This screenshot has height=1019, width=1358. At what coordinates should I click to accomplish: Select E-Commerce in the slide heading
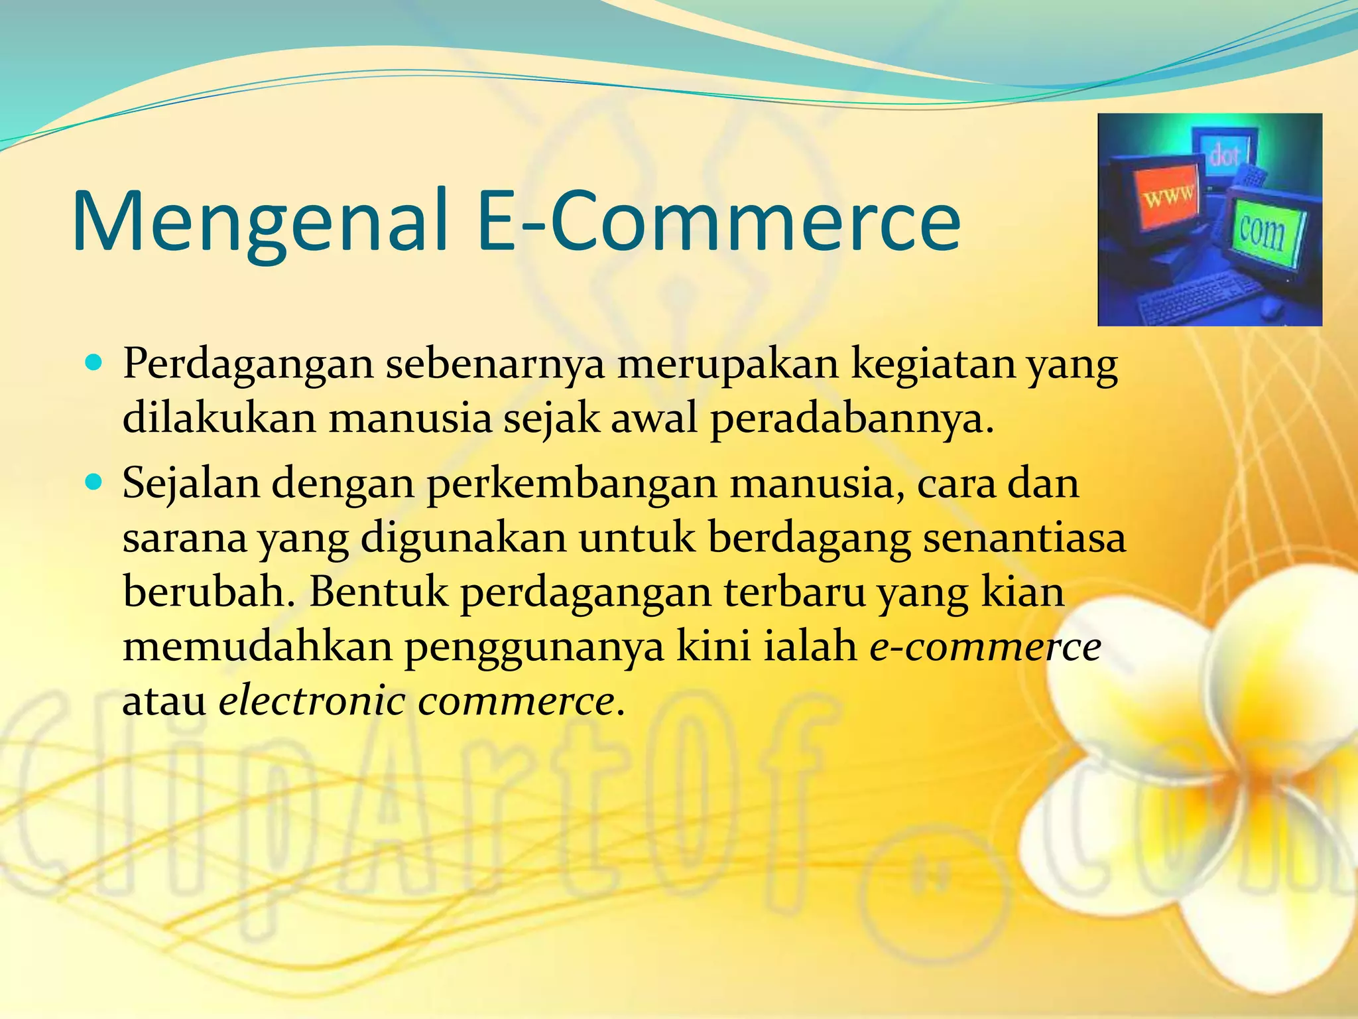click(719, 221)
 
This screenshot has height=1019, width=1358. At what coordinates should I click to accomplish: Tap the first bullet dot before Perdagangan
click(93, 364)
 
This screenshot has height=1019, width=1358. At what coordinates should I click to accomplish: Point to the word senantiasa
click(1024, 538)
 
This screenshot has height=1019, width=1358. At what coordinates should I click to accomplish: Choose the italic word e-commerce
click(985, 647)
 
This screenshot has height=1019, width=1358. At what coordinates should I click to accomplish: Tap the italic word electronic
click(312, 701)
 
